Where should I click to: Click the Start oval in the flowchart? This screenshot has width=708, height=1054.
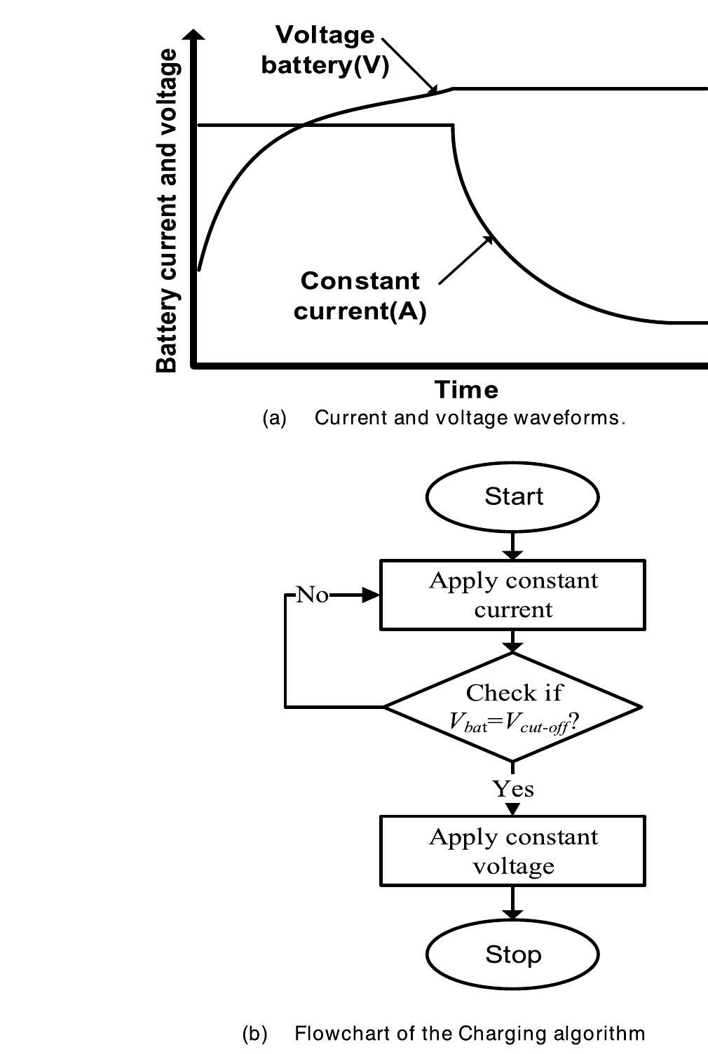pyautogui.click(x=512, y=496)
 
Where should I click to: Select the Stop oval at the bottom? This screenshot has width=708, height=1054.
pyautogui.click(x=512, y=954)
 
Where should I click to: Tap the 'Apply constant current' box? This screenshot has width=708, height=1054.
pyautogui.click(x=512, y=595)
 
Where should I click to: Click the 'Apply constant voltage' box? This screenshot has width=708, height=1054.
pyautogui.click(x=512, y=851)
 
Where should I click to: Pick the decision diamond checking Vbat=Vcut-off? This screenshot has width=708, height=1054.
pyautogui.click(x=512, y=707)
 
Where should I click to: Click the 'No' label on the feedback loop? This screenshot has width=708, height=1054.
pyautogui.click(x=312, y=595)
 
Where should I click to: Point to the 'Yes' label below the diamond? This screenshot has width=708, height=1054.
pyautogui.click(x=513, y=789)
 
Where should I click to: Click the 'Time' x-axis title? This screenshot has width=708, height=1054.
pyautogui.click(x=466, y=389)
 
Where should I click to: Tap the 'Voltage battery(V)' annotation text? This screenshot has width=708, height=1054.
pyautogui.click(x=325, y=50)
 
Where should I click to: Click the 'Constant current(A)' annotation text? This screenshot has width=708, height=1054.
pyautogui.click(x=360, y=295)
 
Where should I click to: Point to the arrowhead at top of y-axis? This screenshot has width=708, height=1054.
pyautogui.click(x=198, y=34)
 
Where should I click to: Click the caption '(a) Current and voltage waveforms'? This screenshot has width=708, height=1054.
pyautogui.click(x=444, y=418)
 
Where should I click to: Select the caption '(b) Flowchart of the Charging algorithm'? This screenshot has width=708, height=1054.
pyautogui.click(x=444, y=1034)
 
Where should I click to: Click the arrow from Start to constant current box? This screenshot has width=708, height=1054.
pyautogui.click(x=513, y=546)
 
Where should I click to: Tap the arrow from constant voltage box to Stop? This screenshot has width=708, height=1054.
pyautogui.click(x=513, y=903)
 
